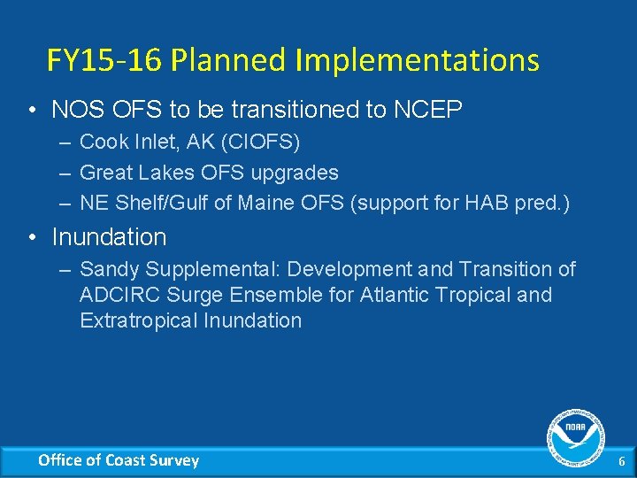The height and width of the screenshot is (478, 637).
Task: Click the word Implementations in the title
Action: (x=417, y=60)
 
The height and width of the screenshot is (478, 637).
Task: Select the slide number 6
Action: (x=621, y=461)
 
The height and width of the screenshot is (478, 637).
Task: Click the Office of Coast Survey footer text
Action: (x=119, y=460)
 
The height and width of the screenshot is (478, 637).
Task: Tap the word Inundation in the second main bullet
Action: (x=109, y=237)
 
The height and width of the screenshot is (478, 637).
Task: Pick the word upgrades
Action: (x=296, y=173)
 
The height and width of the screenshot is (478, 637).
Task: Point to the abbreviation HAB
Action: (x=491, y=204)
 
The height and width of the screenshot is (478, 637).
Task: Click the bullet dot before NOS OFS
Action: (x=31, y=111)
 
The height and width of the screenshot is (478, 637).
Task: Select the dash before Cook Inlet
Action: (x=66, y=142)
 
